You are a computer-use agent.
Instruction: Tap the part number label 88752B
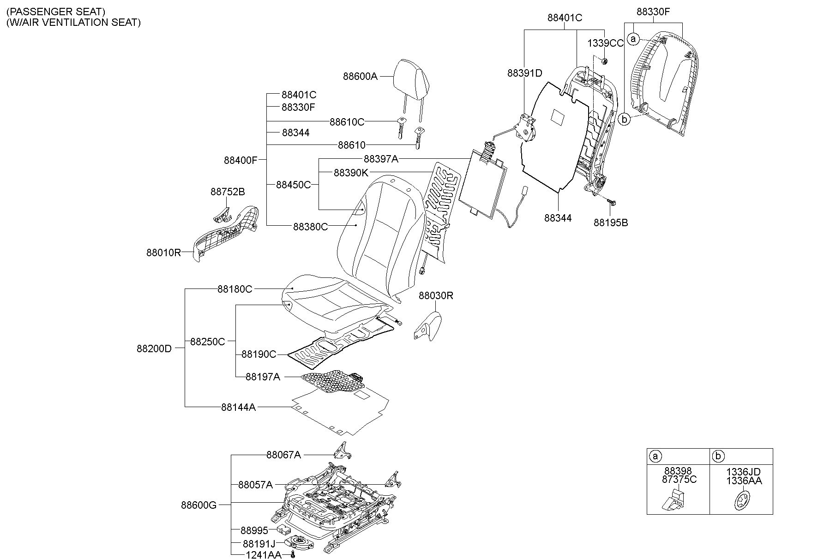pos(228,192)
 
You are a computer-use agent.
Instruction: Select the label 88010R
pos(164,252)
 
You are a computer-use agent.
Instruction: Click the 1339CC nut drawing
pos(604,61)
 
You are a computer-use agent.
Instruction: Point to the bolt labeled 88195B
pos(611,202)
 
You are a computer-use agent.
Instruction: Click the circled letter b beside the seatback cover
pos(624,119)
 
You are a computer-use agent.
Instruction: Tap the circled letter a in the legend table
pos(655,457)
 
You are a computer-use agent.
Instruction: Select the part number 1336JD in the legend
pos(743,472)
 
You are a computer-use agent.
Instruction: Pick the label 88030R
pos(436,295)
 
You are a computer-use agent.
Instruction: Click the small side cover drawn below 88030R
pos(427,326)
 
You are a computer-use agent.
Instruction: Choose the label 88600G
pos(198,505)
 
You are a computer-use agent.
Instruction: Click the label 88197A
pos(263,377)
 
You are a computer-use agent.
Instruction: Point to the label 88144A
pos(238,407)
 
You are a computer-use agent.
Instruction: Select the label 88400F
pos(241,160)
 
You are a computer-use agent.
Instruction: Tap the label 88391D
pos(525,73)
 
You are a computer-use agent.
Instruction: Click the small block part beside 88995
pos(283,529)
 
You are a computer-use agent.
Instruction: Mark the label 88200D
pos(154,349)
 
